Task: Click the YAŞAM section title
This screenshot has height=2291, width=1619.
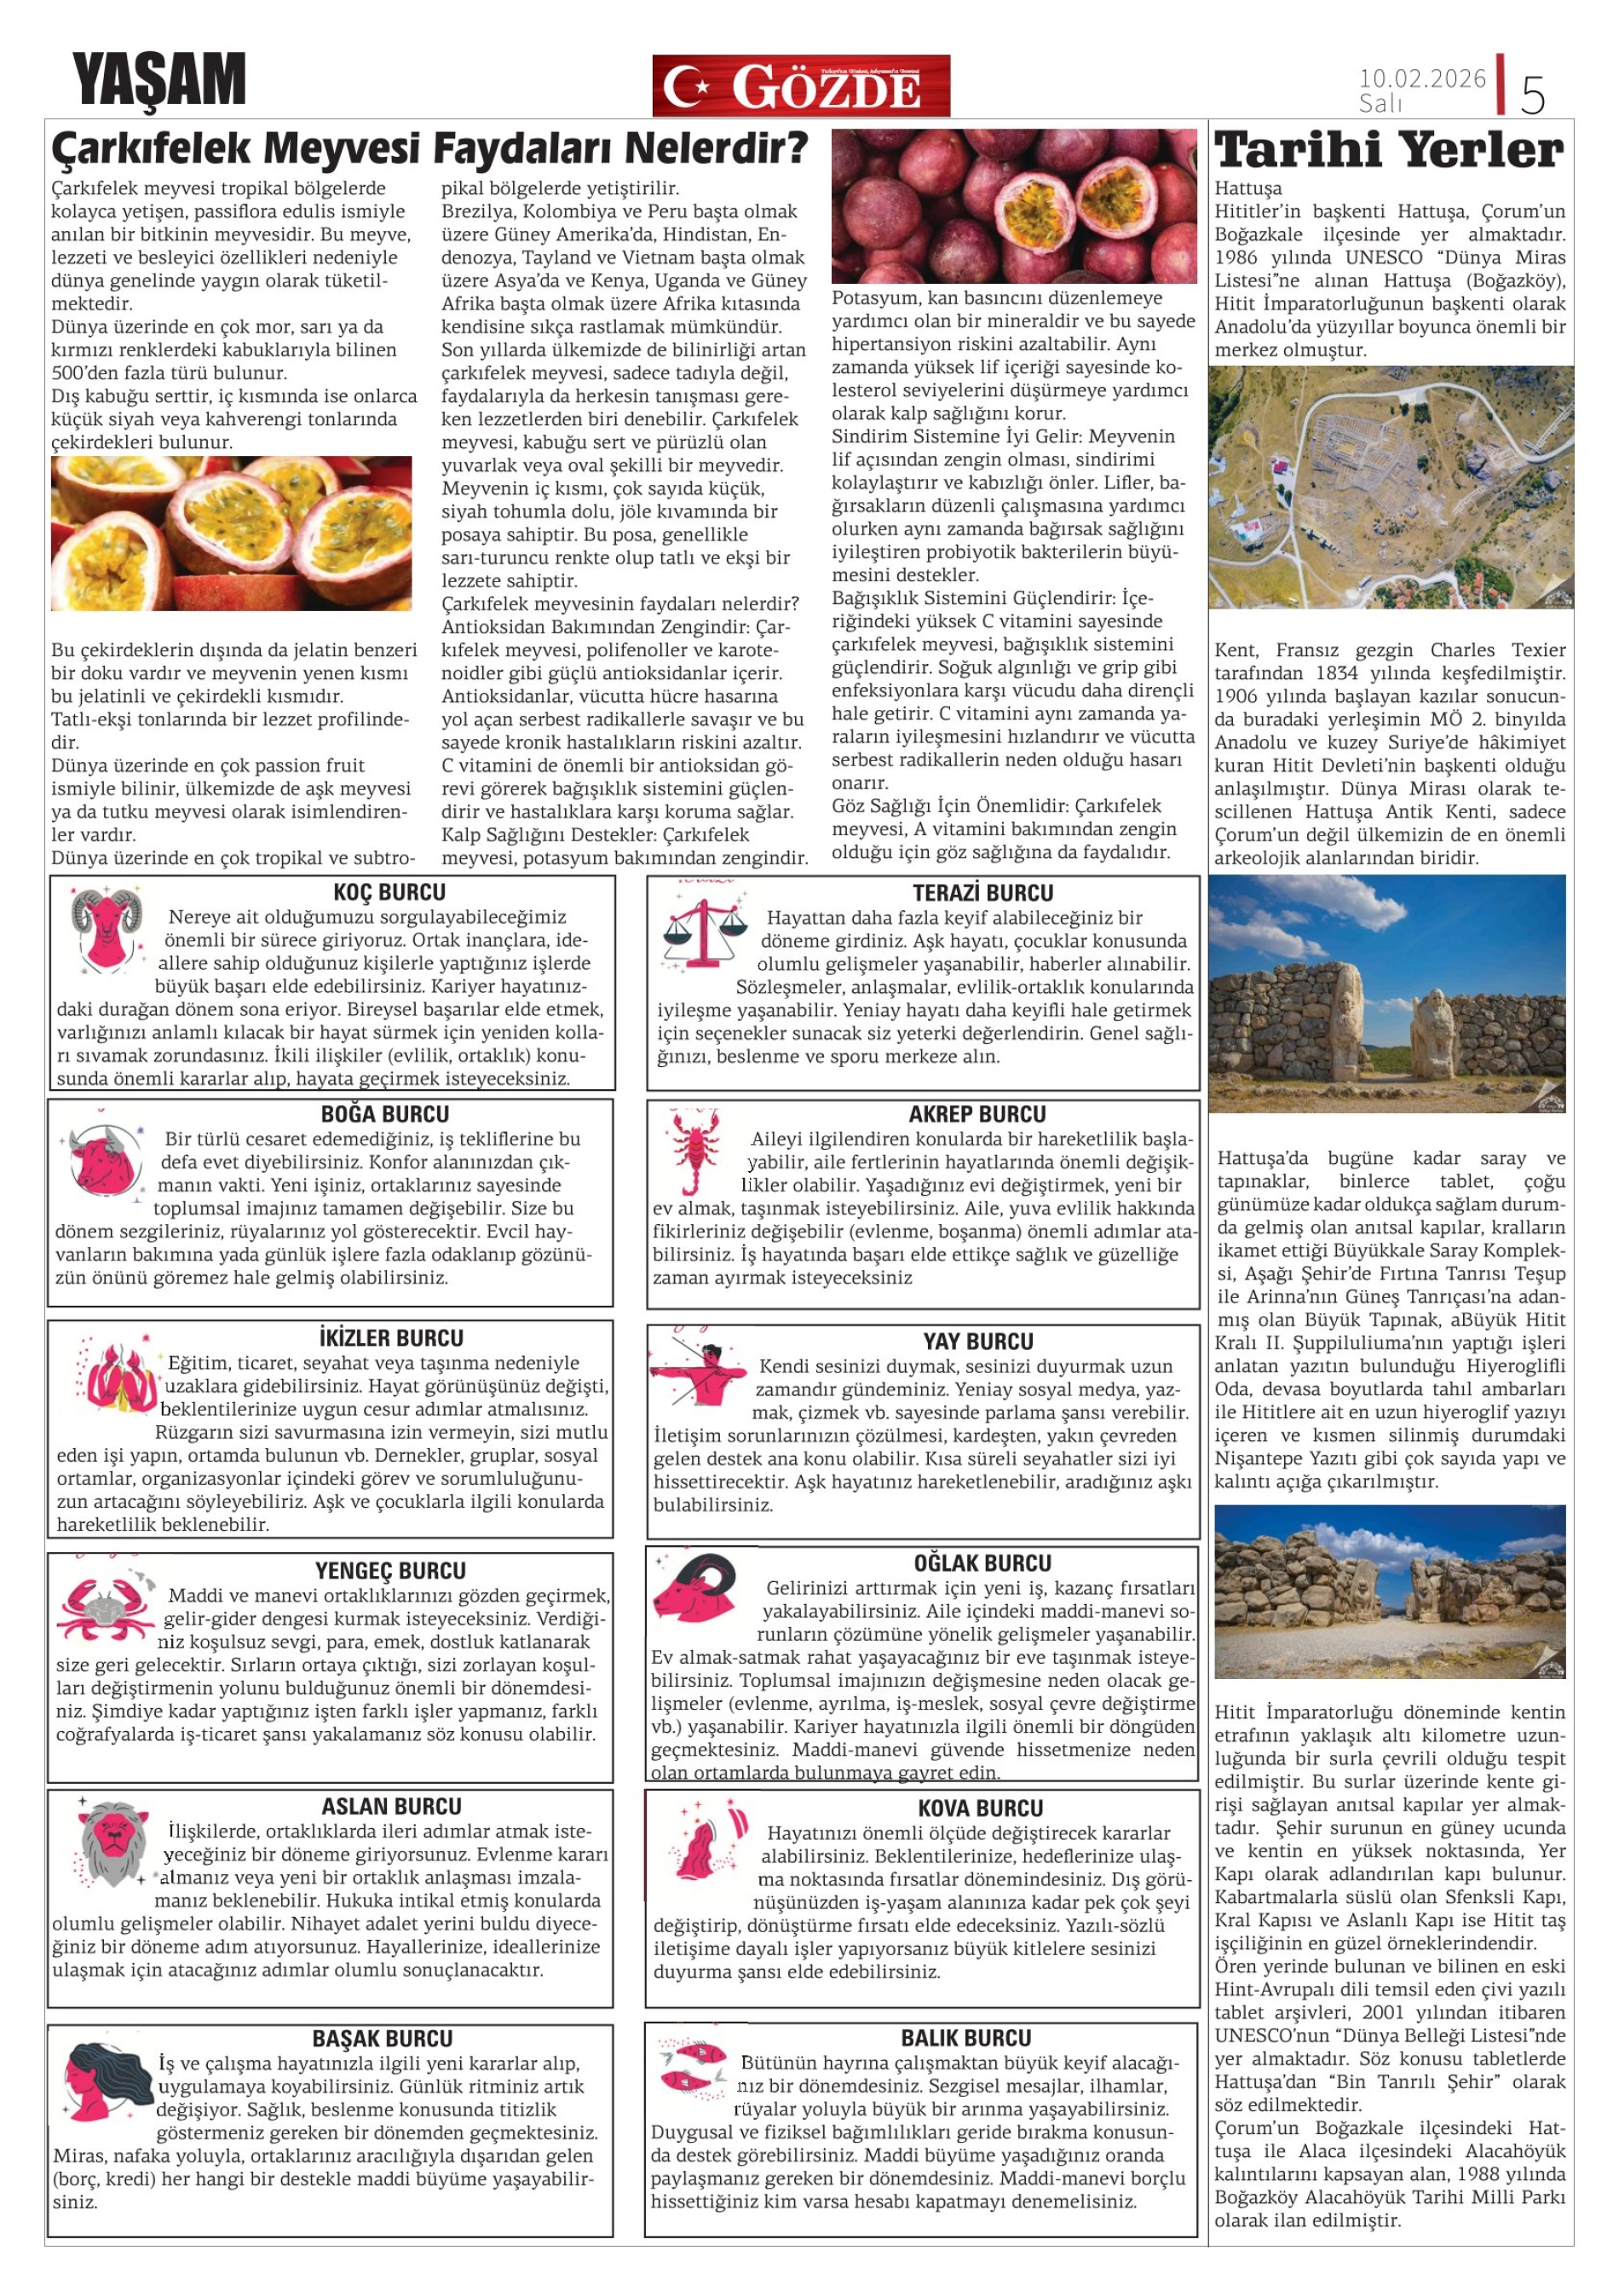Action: (x=158, y=80)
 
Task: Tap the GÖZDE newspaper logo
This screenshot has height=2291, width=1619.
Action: (x=800, y=86)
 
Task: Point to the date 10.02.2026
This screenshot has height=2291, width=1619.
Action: (x=1421, y=78)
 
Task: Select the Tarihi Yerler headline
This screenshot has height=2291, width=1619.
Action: (x=1389, y=151)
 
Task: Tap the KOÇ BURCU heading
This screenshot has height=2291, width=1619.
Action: (x=389, y=892)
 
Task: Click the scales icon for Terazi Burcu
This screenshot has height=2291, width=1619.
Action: (x=704, y=934)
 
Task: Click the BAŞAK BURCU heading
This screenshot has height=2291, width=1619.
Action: (x=382, y=2039)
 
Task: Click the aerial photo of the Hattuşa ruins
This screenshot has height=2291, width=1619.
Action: (x=1391, y=487)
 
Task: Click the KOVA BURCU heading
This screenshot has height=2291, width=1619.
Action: (x=980, y=1808)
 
